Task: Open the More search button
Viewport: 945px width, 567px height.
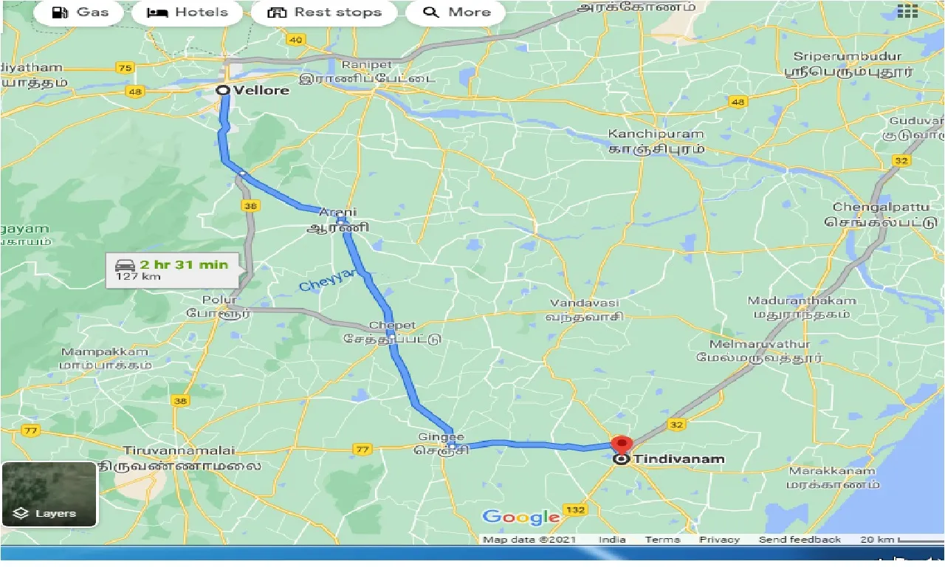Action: pos(457,13)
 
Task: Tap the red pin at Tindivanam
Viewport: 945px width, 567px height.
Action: pos(622,445)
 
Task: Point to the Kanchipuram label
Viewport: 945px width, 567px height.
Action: pos(656,134)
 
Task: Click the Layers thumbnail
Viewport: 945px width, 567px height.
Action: pos(49,494)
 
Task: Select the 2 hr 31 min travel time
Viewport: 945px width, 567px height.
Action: pos(184,264)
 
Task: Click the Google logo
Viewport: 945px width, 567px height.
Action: pos(521,517)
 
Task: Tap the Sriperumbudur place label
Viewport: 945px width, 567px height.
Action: pos(848,57)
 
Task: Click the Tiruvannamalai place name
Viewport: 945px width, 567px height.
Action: pos(179,450)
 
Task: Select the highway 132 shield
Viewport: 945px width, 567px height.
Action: pos(574,510)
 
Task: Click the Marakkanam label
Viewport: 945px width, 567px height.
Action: pos(832,471)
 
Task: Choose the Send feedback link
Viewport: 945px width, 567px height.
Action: pos(799,540)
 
